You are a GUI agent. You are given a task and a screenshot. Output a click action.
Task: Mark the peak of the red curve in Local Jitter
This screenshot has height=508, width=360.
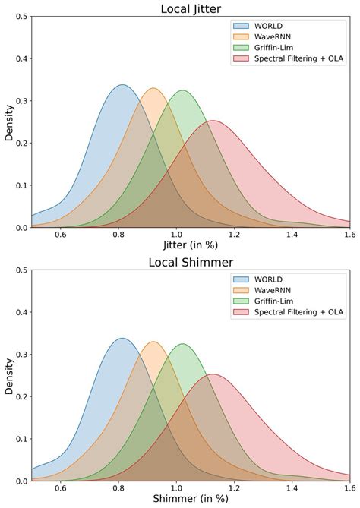[x=213, y=121]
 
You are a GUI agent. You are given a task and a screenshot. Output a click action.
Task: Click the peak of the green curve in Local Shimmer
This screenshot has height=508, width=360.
[x=183, y=344]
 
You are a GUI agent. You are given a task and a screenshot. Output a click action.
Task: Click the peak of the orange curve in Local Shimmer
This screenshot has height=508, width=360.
[x=153, y=342]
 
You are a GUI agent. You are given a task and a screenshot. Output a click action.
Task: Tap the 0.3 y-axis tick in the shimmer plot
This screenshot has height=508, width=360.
[x=21, y=355]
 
